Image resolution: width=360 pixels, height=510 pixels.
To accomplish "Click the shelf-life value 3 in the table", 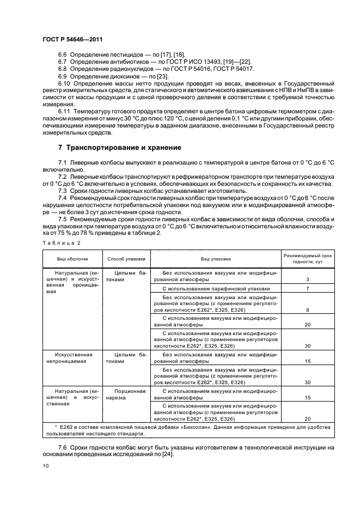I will (x=308, y=280).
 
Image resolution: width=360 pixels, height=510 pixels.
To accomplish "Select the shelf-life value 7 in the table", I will (x=308, y=288).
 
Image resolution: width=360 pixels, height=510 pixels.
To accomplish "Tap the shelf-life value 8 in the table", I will (x=308, y=309).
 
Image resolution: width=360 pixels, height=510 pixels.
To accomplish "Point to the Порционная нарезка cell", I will (x=126, y=394).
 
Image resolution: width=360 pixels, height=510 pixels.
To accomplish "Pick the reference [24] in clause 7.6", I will (x=167, y=455).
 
